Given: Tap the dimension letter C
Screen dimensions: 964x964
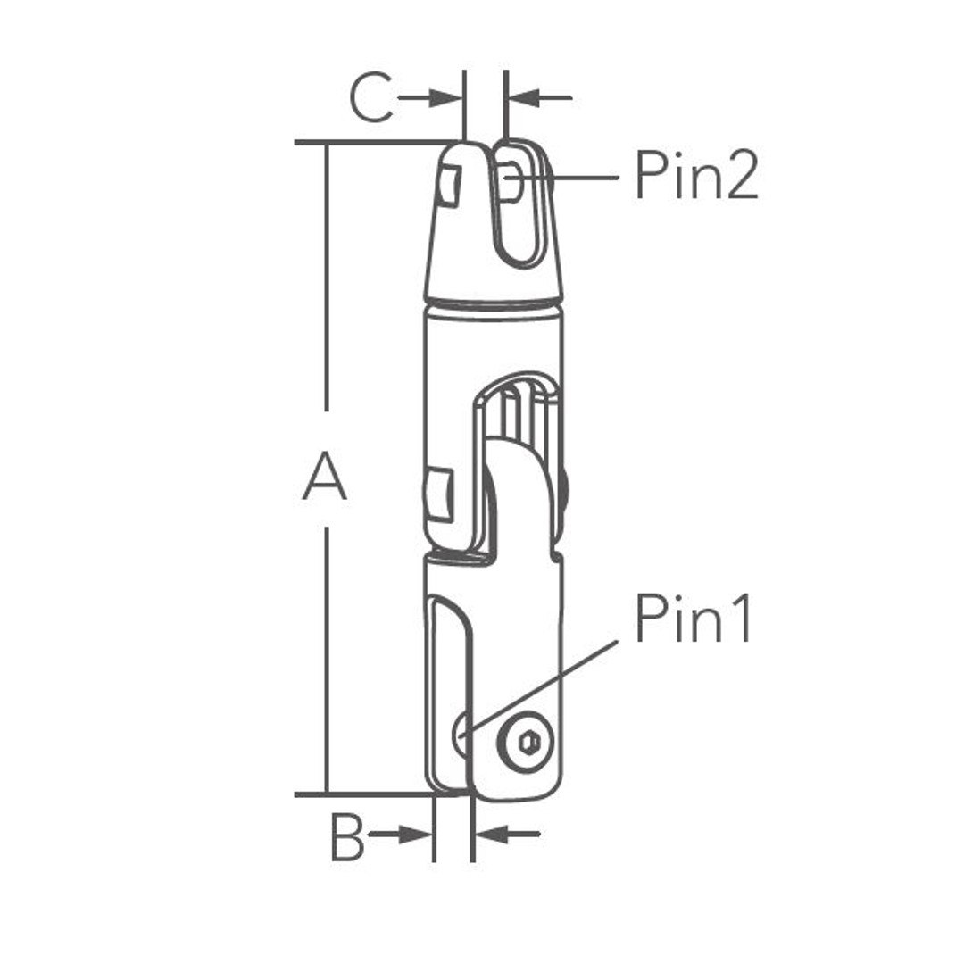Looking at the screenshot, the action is coord(370,97).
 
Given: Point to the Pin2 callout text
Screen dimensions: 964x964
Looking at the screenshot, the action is coord(696,175).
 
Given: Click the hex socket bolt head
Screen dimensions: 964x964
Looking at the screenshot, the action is coord(527,743).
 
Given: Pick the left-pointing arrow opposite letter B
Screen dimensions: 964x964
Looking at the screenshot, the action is coord(508,835).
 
